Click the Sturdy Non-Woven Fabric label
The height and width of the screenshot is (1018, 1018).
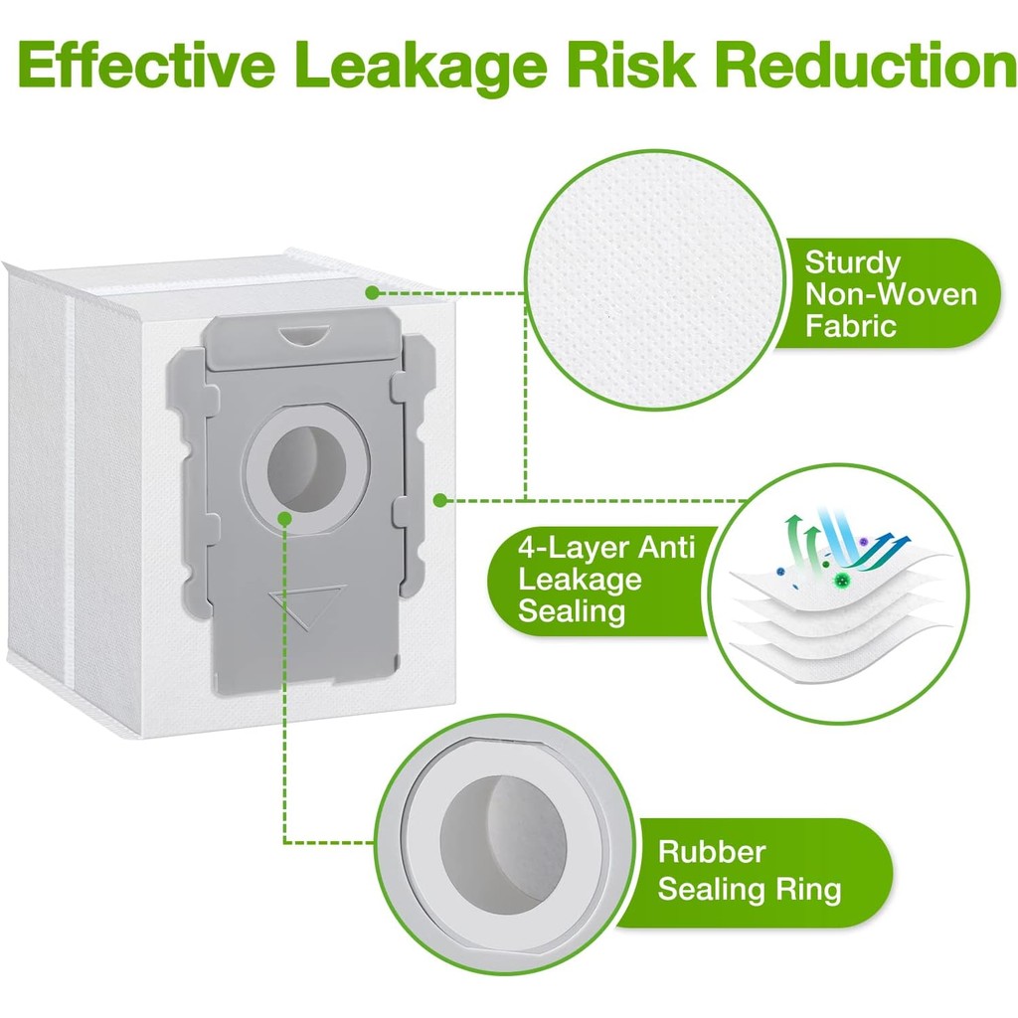(x=890, y=294)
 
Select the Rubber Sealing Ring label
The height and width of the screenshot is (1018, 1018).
(x=748, y=870)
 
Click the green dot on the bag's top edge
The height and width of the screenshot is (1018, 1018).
(x=371, y=292)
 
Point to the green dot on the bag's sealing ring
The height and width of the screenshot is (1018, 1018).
(x=285, y=518)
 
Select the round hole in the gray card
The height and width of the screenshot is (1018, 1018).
(x=309, y=466)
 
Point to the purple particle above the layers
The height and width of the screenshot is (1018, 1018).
(x=864, y=542)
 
